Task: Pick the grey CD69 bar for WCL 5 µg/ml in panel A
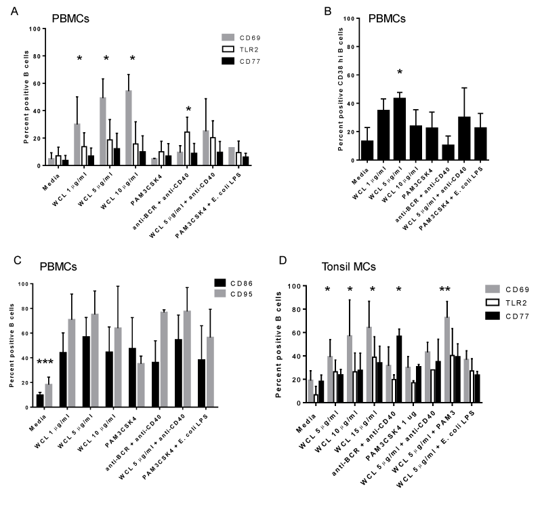click(x=102, y=132)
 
